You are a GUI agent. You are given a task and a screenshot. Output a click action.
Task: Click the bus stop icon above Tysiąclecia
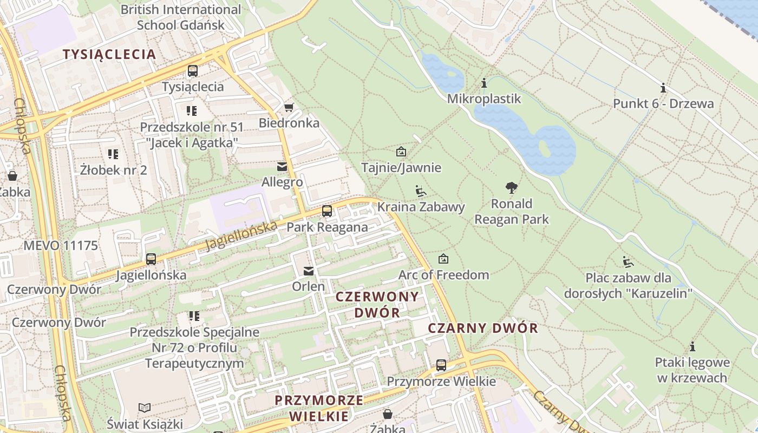pos(192,71)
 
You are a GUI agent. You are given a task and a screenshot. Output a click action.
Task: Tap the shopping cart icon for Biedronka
pos(289,107)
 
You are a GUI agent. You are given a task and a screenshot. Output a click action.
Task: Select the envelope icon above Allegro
pos(282,167)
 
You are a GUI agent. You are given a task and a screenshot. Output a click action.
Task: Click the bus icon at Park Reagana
pos(326,211)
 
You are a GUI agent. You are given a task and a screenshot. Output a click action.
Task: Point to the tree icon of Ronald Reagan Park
pos(511,188)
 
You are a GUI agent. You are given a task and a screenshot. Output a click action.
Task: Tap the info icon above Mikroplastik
pos(483,83)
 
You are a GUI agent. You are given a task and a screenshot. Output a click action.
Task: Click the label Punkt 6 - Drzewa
pos(663,103)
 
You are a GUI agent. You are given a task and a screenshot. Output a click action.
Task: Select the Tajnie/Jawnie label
pos(401,168)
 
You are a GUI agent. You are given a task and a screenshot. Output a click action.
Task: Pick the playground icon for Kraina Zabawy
pos(420,191)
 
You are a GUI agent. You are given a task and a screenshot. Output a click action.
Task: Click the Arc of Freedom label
pos(443,275)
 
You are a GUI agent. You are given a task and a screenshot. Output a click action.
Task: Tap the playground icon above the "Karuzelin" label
pos(628,262)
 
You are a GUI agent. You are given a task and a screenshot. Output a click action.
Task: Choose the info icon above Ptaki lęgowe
pos(692,346)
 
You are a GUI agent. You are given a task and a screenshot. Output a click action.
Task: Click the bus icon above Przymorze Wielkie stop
pos(441,365)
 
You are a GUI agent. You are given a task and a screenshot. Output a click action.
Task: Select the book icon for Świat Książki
pos(145,408)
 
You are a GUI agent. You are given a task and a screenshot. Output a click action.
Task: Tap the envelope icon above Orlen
pos(309,271)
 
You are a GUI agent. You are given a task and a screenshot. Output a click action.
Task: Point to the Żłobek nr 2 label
pos(113,170)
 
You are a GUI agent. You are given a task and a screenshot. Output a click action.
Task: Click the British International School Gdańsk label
pos(180,17)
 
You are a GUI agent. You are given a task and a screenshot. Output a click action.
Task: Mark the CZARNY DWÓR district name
pos(483,328)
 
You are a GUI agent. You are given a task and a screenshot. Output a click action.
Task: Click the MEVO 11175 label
pos(61,246)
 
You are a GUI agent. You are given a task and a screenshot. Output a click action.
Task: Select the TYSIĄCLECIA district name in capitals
pos(109,54)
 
